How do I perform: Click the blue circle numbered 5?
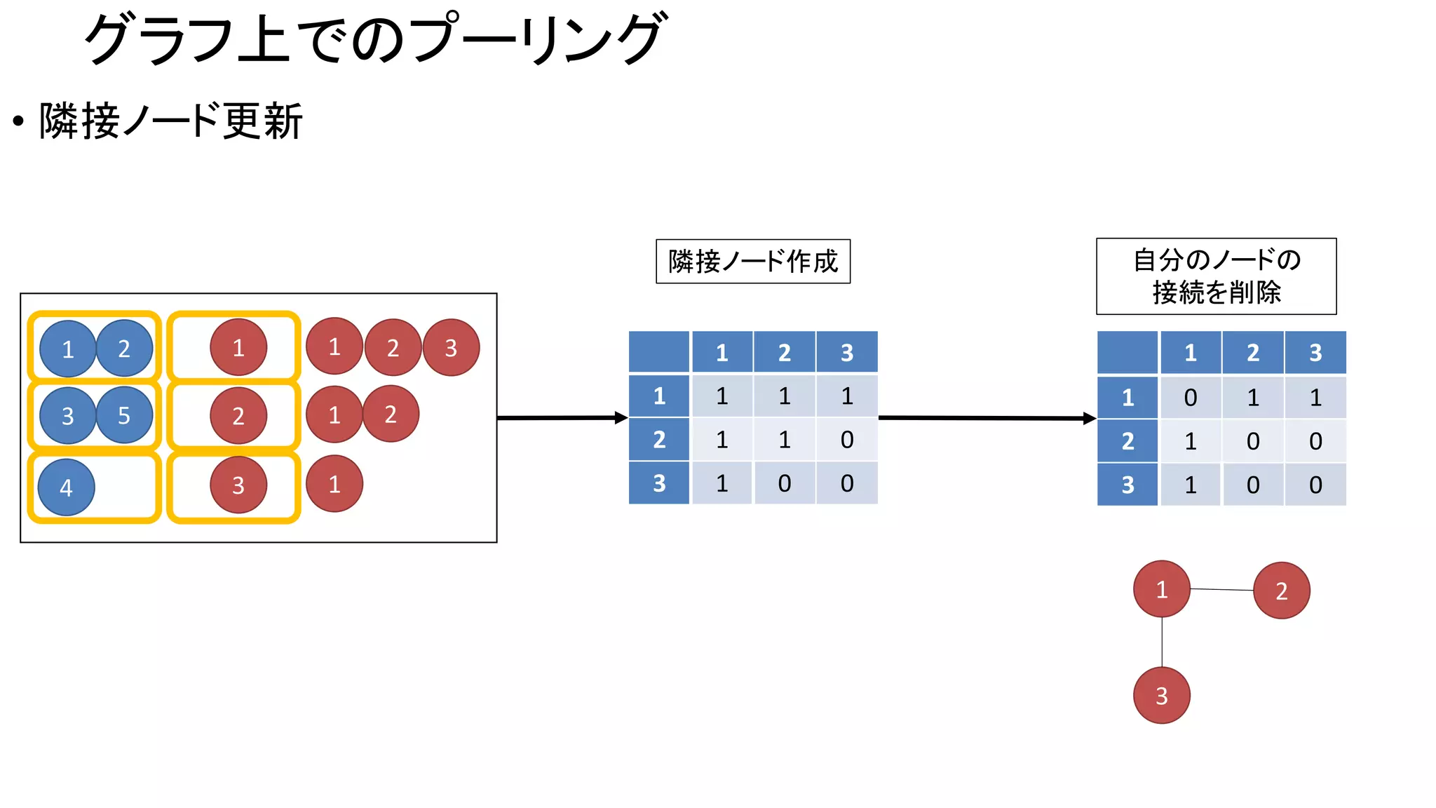coord(124,415)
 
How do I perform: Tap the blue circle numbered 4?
coord(66,487)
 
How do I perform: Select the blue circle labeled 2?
coord(124,349)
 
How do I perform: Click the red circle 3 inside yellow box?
coord(238,485)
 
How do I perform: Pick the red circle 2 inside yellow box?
coord(238,416)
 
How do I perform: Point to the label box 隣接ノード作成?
coord(752,262)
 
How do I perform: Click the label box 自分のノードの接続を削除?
coord(1216,276)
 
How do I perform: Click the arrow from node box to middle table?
coord(561,418)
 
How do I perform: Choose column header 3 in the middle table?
coord(847,352)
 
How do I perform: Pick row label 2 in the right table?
coord(1127,441)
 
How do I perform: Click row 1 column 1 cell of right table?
coord(1190,398)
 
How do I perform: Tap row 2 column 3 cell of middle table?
coord(847,440)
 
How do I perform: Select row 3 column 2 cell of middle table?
coord(784,483)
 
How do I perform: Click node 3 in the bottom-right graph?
coord(1161,695)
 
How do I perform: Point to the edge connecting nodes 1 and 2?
coord(1221,590)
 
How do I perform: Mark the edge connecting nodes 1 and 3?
coord(1162,642)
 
